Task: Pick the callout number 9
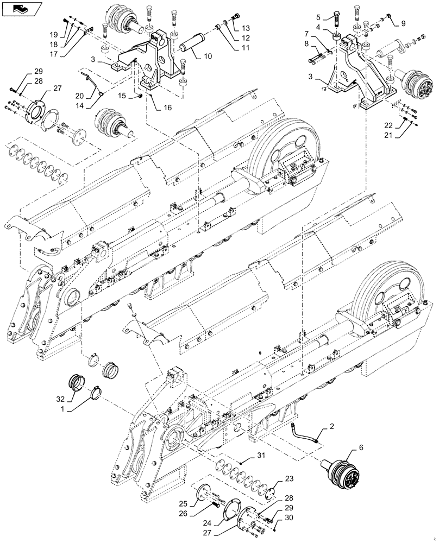403,23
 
